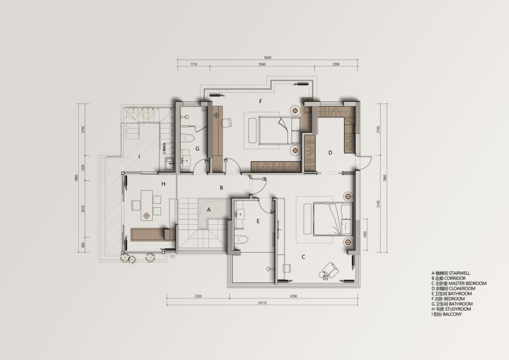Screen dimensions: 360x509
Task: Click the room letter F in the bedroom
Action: [260, 101]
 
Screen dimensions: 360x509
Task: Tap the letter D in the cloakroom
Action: [330, 152]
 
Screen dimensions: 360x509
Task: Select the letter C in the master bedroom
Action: [303, 257]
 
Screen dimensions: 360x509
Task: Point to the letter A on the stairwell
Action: [209, 210]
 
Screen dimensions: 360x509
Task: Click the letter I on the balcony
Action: [139, 155]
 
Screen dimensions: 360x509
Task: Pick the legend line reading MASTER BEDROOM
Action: [459, 283]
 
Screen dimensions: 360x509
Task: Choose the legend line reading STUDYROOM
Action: [451, 309]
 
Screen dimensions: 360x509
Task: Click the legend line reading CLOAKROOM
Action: [452, 288]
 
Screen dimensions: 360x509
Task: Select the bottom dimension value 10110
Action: [262, 303]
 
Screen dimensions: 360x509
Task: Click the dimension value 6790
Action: [294, 296]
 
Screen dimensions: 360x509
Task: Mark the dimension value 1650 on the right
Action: [364, 234]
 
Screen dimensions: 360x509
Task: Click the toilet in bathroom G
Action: [188, 139]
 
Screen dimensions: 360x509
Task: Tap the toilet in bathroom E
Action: [242, 239]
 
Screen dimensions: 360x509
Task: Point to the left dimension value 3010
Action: [83, 209]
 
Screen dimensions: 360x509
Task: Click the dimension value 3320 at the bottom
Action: [198, 296]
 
